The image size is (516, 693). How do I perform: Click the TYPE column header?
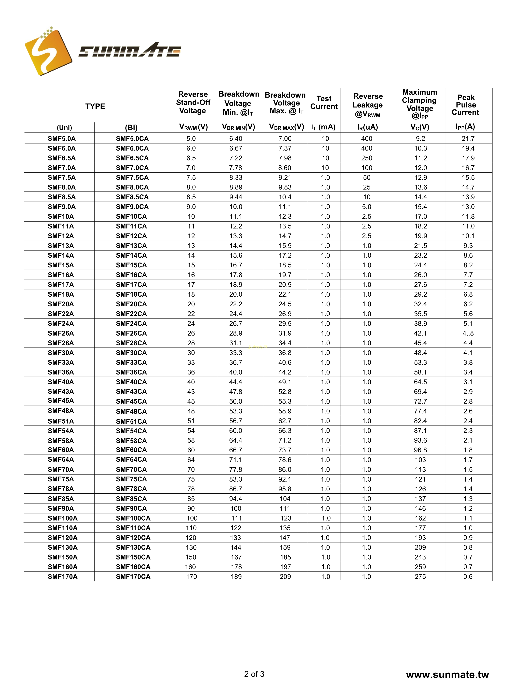click(x=95, y=106)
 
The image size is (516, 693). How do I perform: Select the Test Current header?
click(x=324, y=103)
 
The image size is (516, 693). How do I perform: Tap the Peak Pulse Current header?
click(x=465, y=105)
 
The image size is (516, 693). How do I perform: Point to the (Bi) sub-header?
click(x=131, y=128)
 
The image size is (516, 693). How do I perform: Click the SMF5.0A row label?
click(x=62, y=139)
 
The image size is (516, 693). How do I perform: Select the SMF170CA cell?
click(x=133, y=577)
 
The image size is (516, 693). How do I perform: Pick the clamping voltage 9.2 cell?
click(x=420, y=139)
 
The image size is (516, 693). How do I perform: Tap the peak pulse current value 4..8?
click(x=468, y=333)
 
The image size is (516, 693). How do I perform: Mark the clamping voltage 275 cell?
click(x=420, y=577)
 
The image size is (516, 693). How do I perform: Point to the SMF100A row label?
click(x=63, y=518)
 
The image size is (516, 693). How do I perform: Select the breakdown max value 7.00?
click(x=285, y=139)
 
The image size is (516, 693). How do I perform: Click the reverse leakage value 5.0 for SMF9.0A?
click(x=367, y=207)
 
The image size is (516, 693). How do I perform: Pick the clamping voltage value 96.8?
click(x=420, y=450)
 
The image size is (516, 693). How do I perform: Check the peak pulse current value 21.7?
click(x=468, y=139)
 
